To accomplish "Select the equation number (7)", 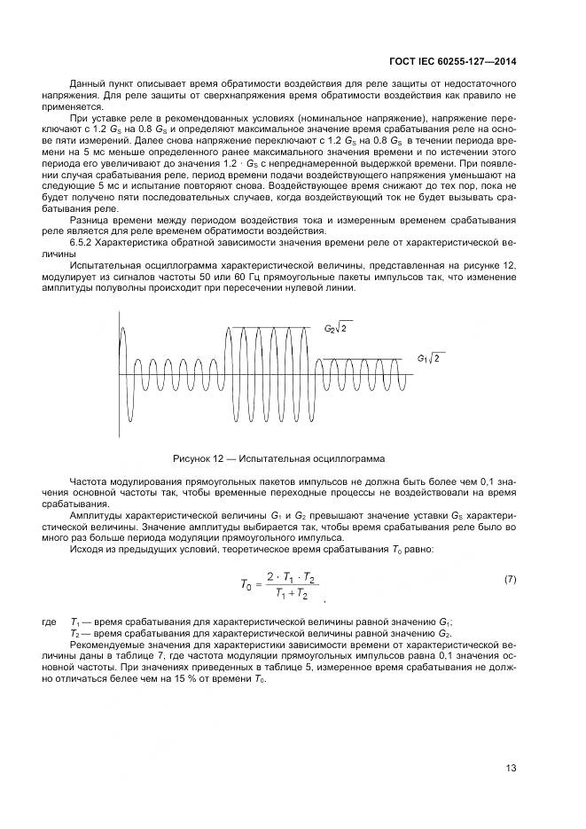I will (x=511, y=579).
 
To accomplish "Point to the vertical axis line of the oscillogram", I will (x=120, y=372).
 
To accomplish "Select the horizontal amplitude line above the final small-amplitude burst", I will (x=363, y=358).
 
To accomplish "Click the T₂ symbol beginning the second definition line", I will (x=74, y=635).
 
